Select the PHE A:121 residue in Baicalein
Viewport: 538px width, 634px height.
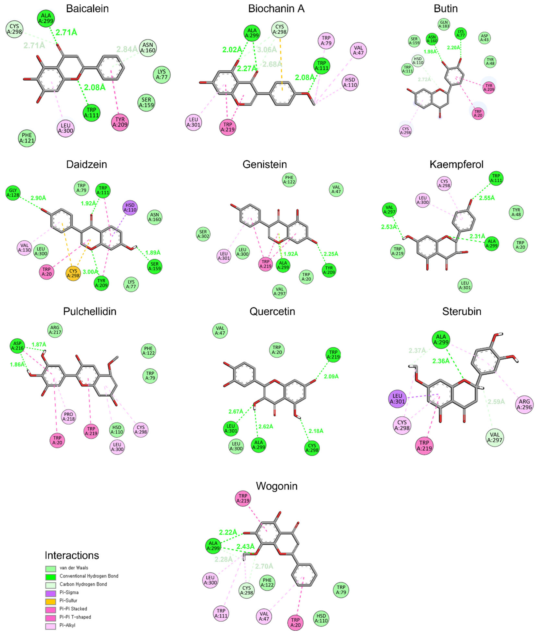(27, 138)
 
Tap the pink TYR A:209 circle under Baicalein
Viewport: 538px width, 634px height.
(120, 122)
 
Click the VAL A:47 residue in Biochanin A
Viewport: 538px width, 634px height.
(358, 51)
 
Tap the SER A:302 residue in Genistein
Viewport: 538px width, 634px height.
(203, 234)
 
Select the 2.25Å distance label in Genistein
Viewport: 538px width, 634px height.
(331, 254)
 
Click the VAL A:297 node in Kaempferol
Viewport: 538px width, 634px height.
(390, 210)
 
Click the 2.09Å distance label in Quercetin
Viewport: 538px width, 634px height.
(331, 376)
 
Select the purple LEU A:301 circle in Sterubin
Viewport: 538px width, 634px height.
(397, 399)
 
